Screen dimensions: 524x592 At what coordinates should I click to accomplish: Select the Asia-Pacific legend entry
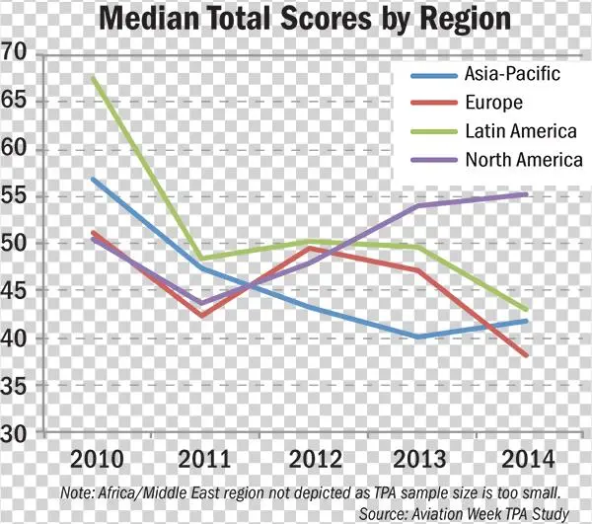pos(511,73)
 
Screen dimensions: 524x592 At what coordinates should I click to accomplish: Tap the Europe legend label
pos(492,102)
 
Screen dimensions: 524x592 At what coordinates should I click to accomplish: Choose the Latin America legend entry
pos(519,130)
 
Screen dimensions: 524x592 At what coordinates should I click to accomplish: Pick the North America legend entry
pos(523,159)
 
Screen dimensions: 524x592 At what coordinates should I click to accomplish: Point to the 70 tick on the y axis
pos(18,53)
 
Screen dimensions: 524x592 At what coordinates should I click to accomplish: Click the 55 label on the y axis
pos(18,195)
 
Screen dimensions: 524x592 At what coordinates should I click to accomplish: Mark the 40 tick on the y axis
pos(18,337)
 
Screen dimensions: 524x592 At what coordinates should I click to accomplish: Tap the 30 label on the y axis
pos(18,432)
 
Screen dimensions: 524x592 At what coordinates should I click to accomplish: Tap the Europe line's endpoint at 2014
pos(527,355)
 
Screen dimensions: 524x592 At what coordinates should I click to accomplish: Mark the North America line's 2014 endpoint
pos(527,194)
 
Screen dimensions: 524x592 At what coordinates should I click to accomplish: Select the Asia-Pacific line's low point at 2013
pos(418,337)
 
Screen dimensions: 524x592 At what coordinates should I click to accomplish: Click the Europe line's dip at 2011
pos(202,316)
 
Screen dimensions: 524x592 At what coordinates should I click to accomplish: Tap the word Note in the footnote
pos(76,492)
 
